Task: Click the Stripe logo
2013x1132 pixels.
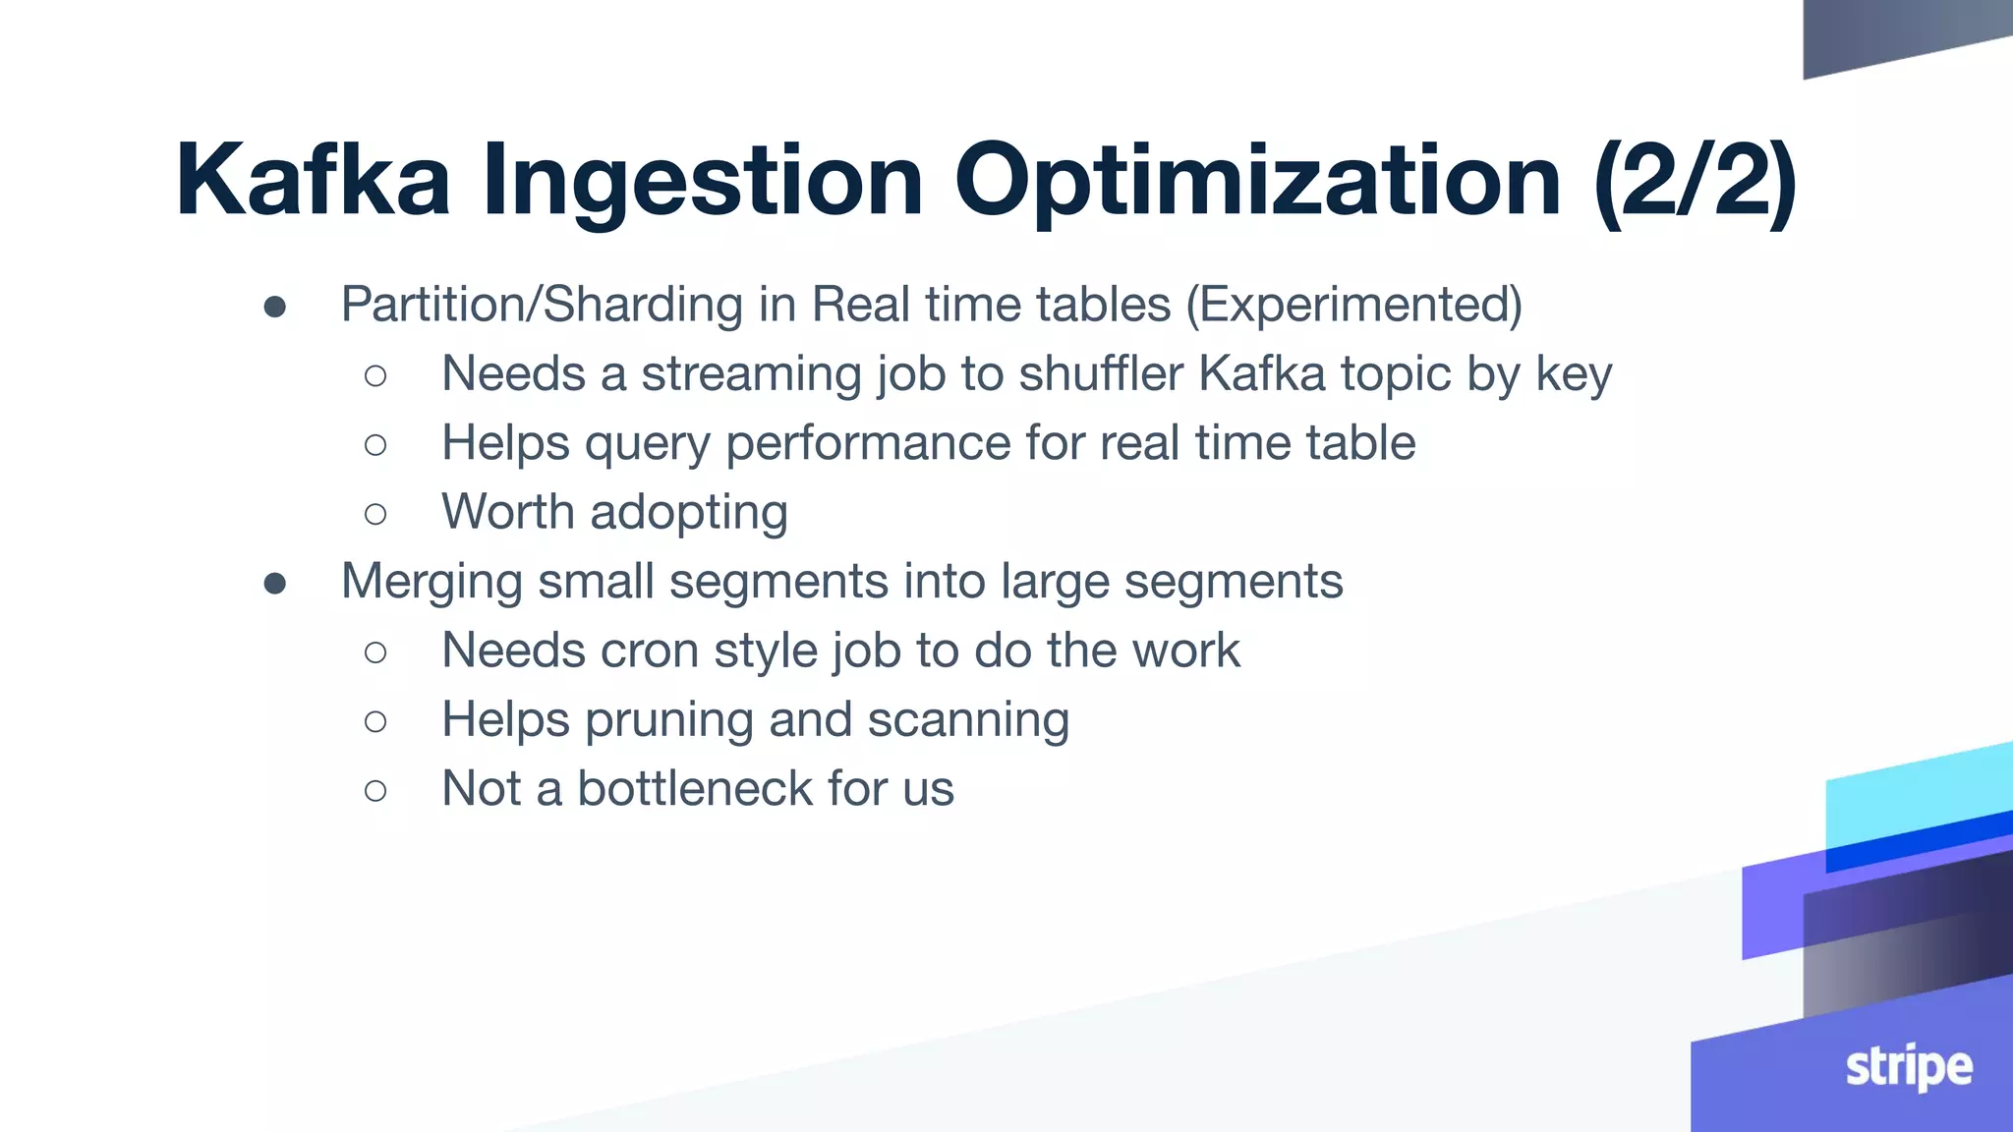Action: [x=1908, y=1068]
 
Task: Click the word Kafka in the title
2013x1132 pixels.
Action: [x=313, y=179]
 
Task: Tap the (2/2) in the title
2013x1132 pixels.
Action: [x=1696, y=179]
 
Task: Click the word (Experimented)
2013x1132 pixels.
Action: [x=1353, y=304]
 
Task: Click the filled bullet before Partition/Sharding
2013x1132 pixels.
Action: [x=275, y=307]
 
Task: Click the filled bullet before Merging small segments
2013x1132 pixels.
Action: [x=275, y=584]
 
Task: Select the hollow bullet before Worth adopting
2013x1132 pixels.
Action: [x=375, y=514]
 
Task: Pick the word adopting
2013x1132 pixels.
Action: [x=689, y=513]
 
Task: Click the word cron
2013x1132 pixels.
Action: [x=650, y=651]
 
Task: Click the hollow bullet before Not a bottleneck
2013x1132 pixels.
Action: [x=375, y=790]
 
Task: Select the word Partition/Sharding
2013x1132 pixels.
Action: [x=542, y=305]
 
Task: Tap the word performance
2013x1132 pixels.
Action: [x=868, y=444]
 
